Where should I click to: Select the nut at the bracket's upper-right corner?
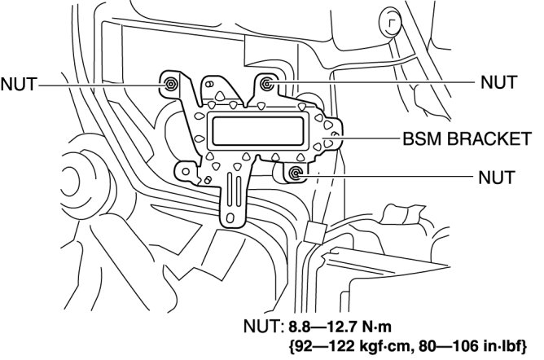click(x=267, y=82)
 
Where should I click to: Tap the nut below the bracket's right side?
click(x=296, y=173)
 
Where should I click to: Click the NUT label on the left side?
click(x=19, y=84)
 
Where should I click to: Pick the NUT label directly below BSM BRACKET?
click(x=498, y=176)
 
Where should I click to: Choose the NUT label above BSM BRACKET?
click(x=498, y=82)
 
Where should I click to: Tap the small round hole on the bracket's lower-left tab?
click(x=188, y=173)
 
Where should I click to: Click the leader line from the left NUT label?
click(x=98, y=84)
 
